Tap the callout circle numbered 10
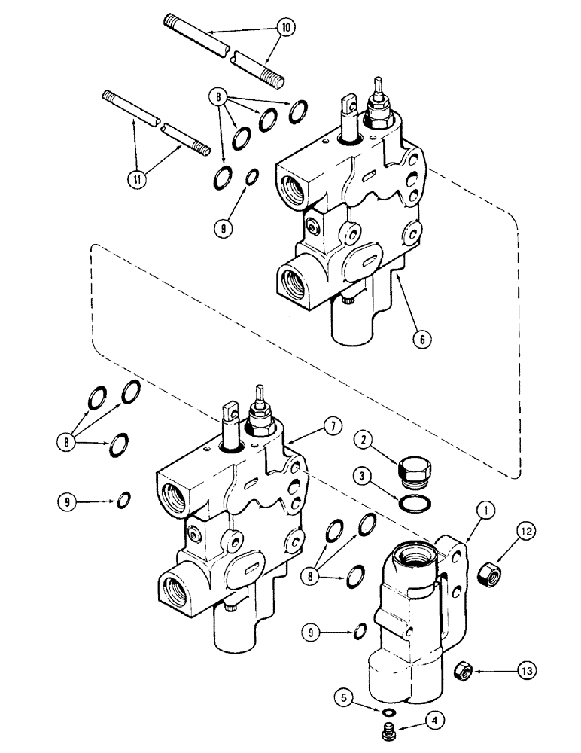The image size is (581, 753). (x=286, y=27)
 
